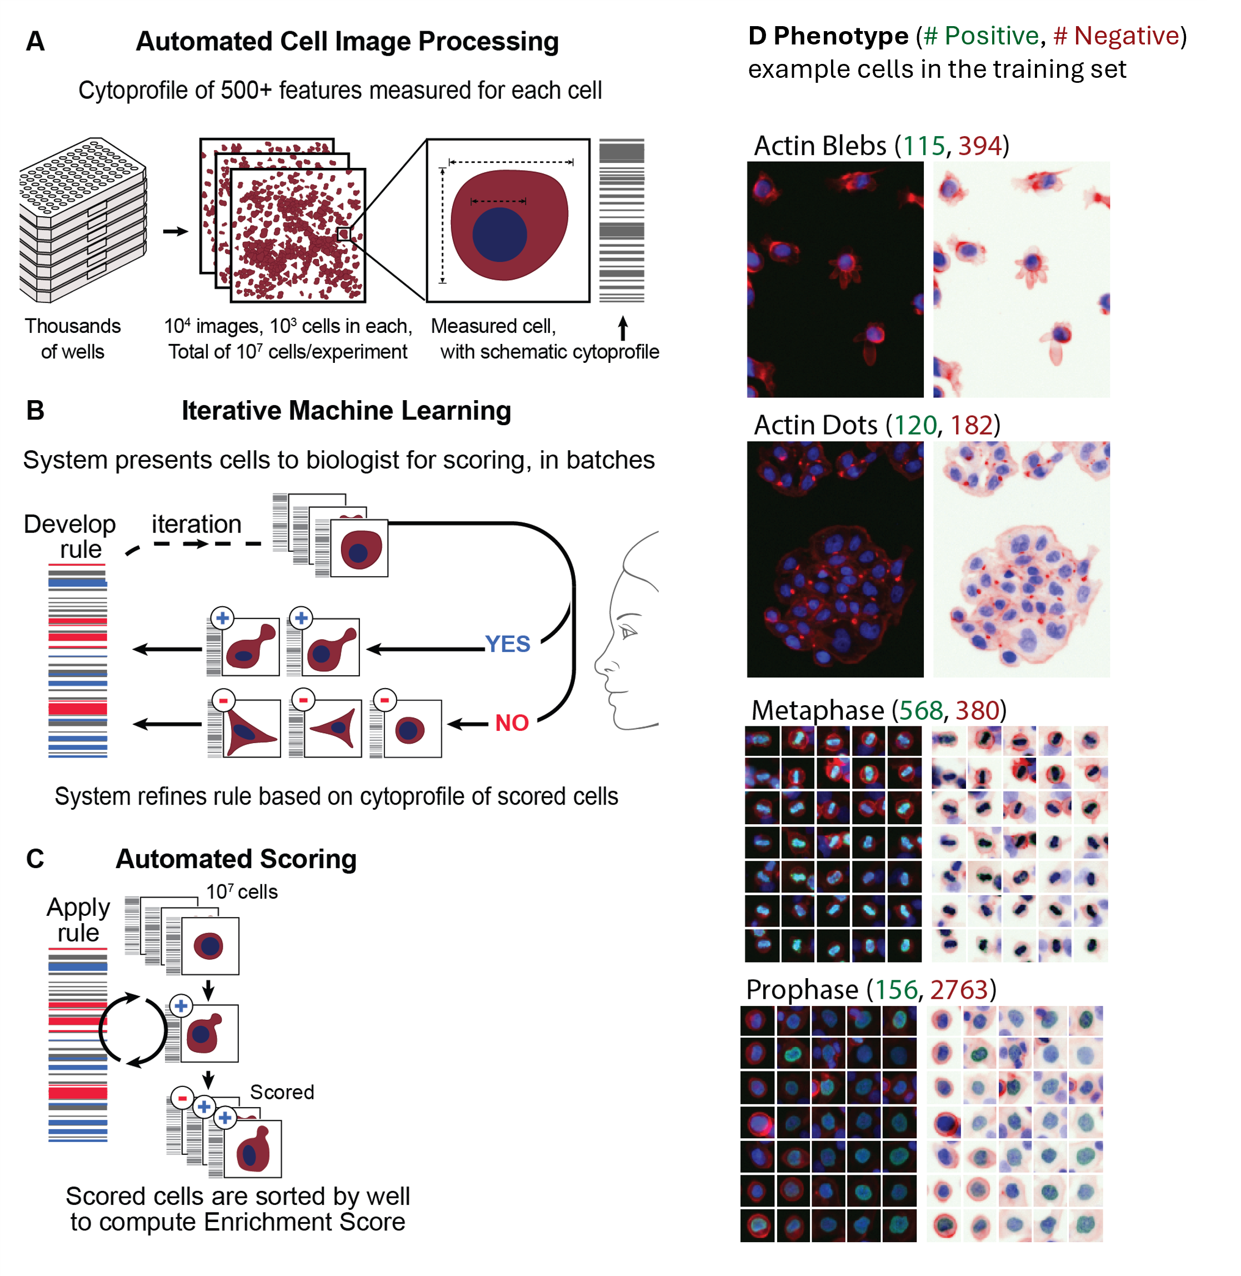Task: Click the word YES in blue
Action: pyautogui.click(x=507, y=644)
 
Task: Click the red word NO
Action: pyautogui.click(x=512, y=722)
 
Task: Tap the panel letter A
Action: pyautogui.click(x=35, y=41)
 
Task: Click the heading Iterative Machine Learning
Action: pyautogui.click(x=346, y=411)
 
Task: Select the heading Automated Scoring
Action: pyautogui.click(x=236, y=859)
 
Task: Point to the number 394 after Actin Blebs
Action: pyautogui.click(x=979, y=146)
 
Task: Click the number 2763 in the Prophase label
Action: pyautogui.click(x=959, y=989)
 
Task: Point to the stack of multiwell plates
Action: pyautogui.click(x=83, y=219)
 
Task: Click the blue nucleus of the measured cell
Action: pyautogui.click(x=499, y=235)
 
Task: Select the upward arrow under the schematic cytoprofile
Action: pyautogui.click(x=623, y=328)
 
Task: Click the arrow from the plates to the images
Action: pyautogui.click(x=176, y=231)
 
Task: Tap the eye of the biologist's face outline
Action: pyautogui.click(x=628, y=631)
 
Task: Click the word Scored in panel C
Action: pyautogui.click(x=282, y=1092)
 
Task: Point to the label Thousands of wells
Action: pyautogui.click(x=72, y=338)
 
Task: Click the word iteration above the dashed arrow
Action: pyautogui.click(x=196, y=524)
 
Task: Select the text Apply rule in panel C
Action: pyautogui.click(x=78, y=919)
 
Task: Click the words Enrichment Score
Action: pyautogui.click(x=304, y=1222)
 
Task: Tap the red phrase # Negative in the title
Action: pyautogui.click(x=1116, y=36)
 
